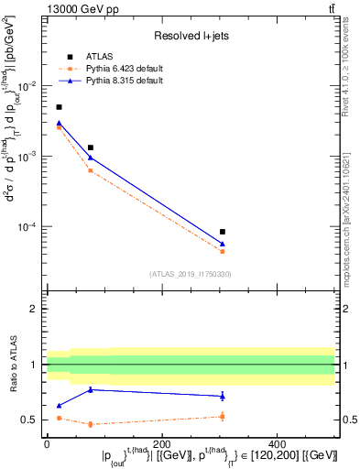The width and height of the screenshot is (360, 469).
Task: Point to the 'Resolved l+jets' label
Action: [190, 36]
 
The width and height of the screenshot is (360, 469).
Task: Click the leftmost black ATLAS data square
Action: [60, 107]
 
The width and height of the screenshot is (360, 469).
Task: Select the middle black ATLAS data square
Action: [91, 147]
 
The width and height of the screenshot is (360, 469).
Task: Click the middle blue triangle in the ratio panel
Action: [91, 389]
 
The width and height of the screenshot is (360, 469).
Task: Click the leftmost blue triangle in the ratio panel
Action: [60, 405]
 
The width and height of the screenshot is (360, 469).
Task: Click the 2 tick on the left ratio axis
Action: [34, 309]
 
